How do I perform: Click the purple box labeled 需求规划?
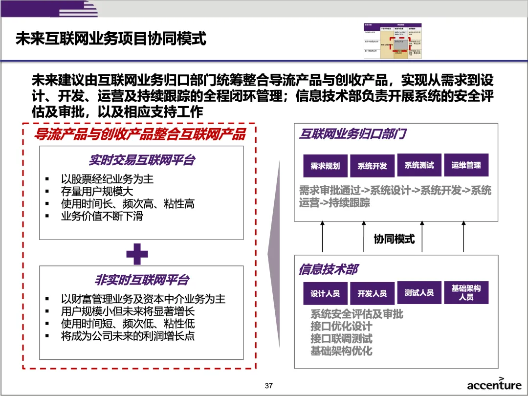point(325,166)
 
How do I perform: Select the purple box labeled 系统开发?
point(372,166)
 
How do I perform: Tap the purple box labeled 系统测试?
point(419,165)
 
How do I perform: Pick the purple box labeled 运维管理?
point(466,165)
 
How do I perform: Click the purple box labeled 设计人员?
point(325,293)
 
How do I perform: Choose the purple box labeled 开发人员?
point(372,293)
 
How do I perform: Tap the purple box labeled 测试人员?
point(419,293)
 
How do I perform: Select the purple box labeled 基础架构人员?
point(466,292)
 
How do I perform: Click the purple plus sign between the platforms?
point(137,253)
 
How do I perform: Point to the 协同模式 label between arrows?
point(394,239)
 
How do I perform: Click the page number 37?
point(268,386)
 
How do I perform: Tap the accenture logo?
point(494,384)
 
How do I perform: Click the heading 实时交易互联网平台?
point(142,160)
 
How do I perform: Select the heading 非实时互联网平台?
point(142,280)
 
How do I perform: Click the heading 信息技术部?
point(329,269)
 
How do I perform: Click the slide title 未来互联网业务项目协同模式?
point(111,39)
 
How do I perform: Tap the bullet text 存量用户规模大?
point(97,191)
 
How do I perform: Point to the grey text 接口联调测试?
point(341,338)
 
